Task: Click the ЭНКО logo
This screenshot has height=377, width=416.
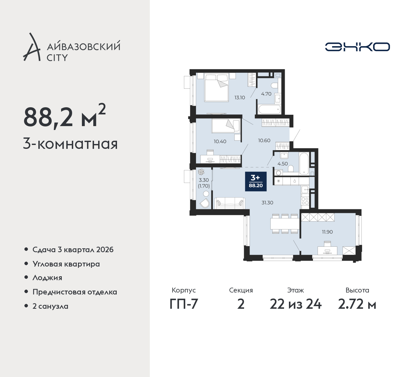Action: point(357,47)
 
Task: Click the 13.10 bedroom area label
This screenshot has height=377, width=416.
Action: point(240,97)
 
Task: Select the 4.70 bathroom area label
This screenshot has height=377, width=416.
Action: point(266,94)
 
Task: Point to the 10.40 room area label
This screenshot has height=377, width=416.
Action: point(220,141)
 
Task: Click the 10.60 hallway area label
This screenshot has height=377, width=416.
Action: point(264,140)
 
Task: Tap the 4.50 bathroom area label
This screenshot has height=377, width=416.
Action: point(283,163)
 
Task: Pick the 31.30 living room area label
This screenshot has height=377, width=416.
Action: point(267,202)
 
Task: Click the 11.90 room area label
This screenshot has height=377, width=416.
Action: point(327,232)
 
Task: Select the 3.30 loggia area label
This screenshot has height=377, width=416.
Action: point(204,180)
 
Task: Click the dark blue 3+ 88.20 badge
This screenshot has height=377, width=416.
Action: point(256,181)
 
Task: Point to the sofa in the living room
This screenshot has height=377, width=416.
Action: point(230,203)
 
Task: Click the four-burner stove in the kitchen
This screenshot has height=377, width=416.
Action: point(305,201)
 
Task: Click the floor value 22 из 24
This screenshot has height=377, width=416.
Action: point(295,305)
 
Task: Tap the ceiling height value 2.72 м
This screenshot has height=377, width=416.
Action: point(357,305)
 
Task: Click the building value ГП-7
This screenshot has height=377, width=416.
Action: point(184,305)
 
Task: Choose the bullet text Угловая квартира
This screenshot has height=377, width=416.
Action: point(66,264)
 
